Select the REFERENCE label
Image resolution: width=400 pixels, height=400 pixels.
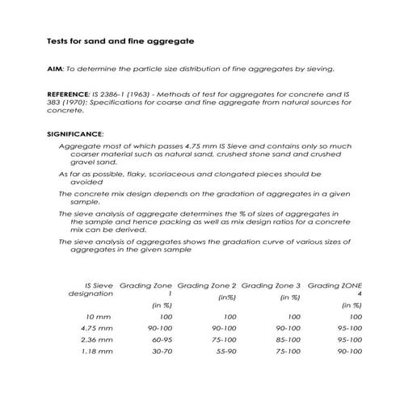point(67,95)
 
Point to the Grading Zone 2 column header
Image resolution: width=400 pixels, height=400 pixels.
point(206,285)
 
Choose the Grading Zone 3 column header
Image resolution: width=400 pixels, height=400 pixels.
point(271,285)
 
